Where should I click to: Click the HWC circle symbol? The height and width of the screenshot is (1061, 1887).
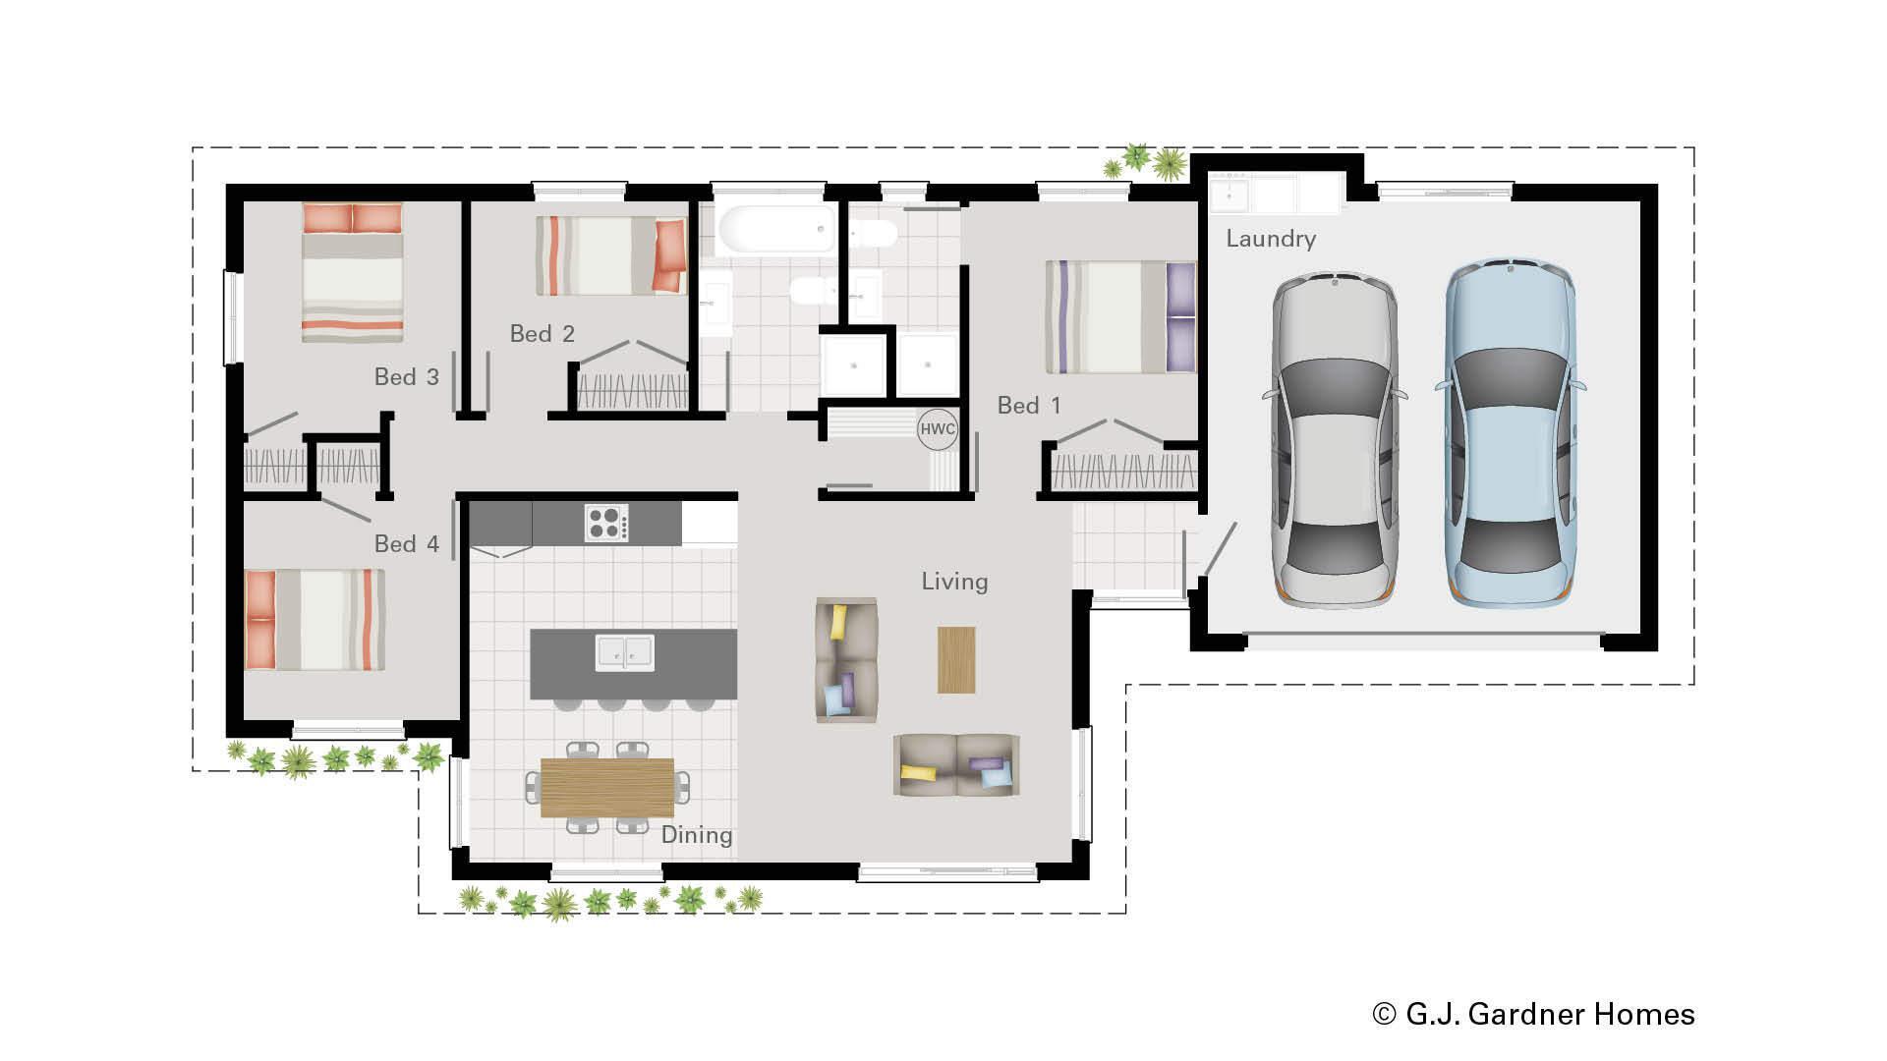coord(937,429)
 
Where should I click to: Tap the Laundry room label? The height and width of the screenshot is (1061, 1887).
coord(1270,239)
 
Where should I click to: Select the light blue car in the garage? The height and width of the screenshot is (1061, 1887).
coord(1510,432)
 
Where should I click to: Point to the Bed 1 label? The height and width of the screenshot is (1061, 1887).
coord(1028,405)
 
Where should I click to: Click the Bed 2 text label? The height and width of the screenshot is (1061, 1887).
coord(542,334)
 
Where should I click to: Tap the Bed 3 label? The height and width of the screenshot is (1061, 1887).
coord(406,376)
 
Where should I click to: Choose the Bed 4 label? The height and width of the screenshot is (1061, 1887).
coord(406,543)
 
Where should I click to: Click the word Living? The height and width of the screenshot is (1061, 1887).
coord(953,582)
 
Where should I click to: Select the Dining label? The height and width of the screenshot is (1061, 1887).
coord(696,835)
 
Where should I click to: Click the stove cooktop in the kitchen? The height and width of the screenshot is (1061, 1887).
coord(606,523)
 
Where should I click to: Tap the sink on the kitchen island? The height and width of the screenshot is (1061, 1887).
coord(624,652)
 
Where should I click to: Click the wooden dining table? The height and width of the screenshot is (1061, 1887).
coord(606,787)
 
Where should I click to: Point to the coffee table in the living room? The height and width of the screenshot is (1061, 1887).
coord(955,659)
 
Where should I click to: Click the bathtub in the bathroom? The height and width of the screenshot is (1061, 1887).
coord(776,229)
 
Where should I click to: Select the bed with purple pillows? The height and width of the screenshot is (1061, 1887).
coord(1119,316)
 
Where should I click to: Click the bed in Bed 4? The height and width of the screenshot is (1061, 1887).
coord(314,619)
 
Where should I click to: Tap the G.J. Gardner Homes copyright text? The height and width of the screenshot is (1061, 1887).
coord(1533,1014)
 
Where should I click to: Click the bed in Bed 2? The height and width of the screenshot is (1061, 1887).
coord(610,255)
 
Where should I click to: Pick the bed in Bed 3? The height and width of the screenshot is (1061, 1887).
coord(352,272)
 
